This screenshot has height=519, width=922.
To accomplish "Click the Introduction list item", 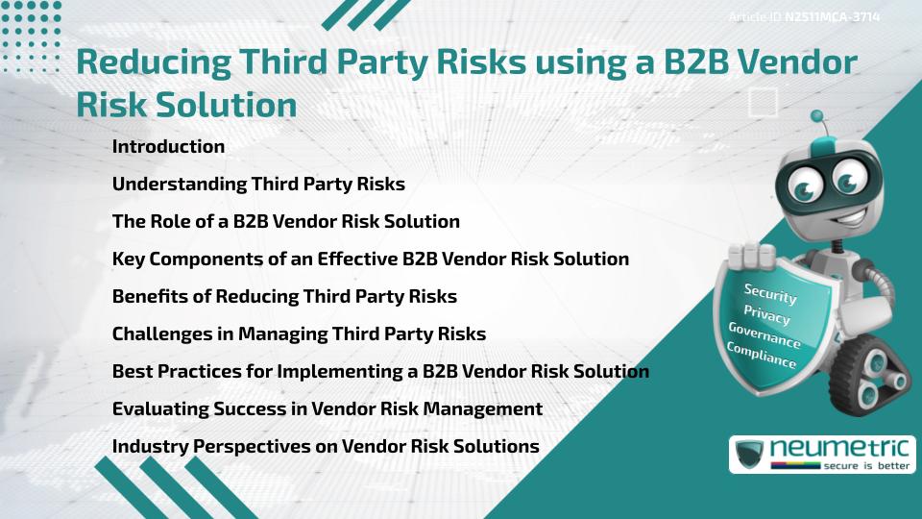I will [x=168, y=147].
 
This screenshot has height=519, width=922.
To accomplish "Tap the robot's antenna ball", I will [x=817, y=117].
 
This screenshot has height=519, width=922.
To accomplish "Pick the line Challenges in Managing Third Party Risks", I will [x=299, y=334].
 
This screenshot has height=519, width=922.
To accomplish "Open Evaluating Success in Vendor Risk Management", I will [x=328, y=409].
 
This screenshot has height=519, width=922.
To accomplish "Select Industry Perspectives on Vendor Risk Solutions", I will [x=326, y=447].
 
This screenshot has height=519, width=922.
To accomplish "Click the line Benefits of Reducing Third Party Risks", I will [x=284, y=297].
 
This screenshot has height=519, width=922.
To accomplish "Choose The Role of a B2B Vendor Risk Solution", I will [x=286, y=222].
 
